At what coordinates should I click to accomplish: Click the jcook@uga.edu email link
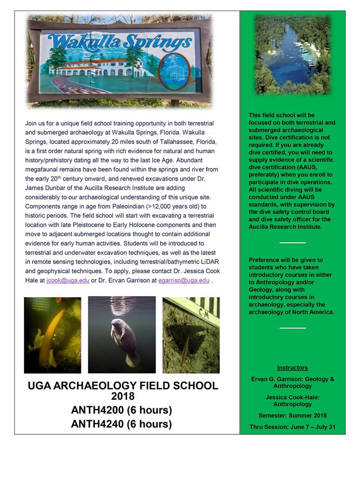(x=67, y=281)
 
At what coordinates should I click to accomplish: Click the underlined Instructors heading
(x=292, y=368)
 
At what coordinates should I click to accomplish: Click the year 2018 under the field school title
(x=122, y=397)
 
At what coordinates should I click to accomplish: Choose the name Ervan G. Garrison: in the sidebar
(x=276, y=379)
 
